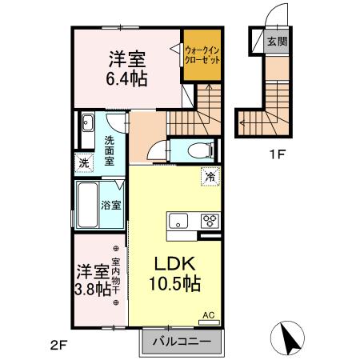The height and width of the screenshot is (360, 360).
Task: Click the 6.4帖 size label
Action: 126,78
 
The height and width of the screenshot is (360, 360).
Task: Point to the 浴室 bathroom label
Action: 110,205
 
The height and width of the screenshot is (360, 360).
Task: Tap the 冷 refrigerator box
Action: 210,176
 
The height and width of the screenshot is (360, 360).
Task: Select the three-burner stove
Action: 210,222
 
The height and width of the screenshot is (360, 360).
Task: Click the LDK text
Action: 170,264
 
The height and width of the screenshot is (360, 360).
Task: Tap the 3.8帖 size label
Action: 92,289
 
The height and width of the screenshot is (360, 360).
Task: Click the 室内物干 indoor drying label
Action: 115,276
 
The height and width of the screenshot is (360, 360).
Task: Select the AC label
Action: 208,315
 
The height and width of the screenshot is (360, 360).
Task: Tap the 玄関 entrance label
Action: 276,42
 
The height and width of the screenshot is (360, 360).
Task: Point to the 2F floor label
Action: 57,346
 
